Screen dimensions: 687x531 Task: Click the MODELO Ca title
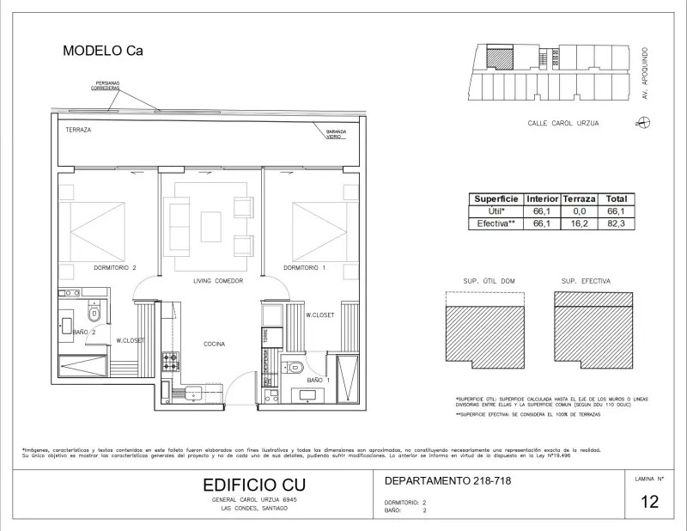tap(102, 51)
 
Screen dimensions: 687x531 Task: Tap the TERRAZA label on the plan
tap(78, 130)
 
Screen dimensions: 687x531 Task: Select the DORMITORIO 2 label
tap(115, 268)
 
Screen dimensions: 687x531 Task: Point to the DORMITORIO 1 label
tap(305, 268)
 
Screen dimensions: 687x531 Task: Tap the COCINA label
tap(215, 344)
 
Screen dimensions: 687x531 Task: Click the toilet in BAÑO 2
tap(94, 316)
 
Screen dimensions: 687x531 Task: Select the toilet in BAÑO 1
tap(296, 367)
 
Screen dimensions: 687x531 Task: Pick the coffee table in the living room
tap(211, 227)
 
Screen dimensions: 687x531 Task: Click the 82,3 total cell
tap(617, 223)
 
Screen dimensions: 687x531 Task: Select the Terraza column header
tap(579, 198)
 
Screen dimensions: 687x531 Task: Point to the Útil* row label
tap(496, 211)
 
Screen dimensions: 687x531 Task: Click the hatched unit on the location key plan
tap(497, 58)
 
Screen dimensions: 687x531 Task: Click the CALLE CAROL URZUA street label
tap(563, 123)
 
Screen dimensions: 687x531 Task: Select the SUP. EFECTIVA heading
tap(585, 281)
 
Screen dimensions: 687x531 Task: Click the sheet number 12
tap(649, 502)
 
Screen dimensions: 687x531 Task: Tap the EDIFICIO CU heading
tap(247, 485)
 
